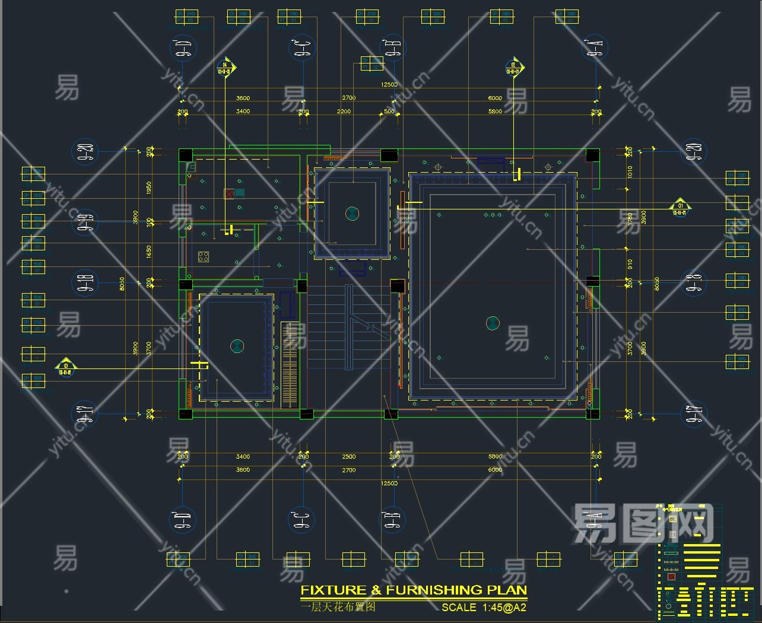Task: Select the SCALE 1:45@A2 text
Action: [484, 607]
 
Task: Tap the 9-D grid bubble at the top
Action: [182, 48]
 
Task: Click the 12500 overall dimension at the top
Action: [389, 85]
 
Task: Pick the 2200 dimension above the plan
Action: [344, 112]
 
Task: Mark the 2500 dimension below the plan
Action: [348, 457]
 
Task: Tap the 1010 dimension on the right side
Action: [630, 171]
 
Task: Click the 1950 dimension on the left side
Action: [148, 187]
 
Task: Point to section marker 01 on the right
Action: [680, 208]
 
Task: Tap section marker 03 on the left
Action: [65, 368]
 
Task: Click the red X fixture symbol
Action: [228, 193]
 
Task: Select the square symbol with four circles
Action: [204, 257]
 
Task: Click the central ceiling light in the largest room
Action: [493, 323]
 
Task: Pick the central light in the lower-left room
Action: [237, 345]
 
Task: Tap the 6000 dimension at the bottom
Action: [495, 470]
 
